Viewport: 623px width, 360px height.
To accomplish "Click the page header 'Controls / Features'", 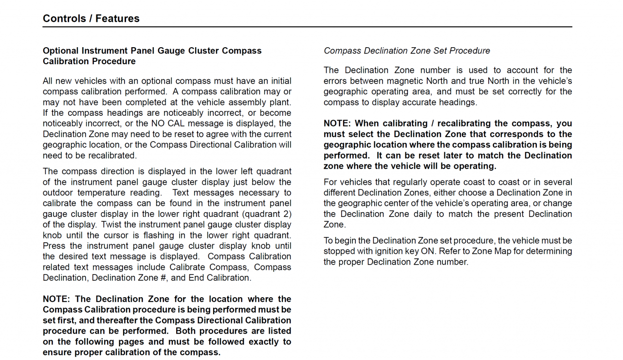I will coord(91,18).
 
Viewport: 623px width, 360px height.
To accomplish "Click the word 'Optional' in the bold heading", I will coord(60,51).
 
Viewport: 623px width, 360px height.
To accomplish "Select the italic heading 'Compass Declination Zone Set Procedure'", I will coord(407,51).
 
